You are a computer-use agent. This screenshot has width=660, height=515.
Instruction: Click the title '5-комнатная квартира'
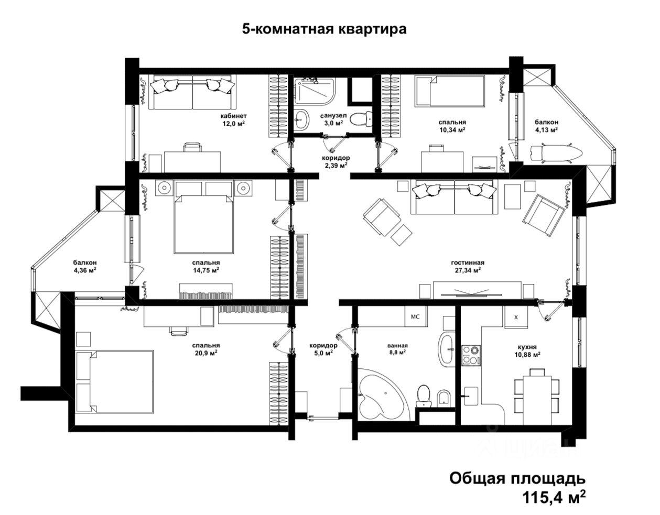click(324, 29)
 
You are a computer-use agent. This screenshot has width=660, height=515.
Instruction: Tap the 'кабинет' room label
click(234, 116)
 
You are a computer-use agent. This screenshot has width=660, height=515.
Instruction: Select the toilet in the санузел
click(361, 118)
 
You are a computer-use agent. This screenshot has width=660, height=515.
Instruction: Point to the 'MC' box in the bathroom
click(416, 316)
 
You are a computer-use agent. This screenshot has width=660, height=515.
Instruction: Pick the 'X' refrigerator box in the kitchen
click(516, 317)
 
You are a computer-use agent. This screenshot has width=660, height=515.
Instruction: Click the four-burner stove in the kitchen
click(471, 355)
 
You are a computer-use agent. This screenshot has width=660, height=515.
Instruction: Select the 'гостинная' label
click(468, 262)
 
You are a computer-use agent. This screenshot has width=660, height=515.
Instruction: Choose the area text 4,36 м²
click(85, 270)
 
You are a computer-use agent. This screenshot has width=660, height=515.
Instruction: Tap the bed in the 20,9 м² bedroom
click(114, 381)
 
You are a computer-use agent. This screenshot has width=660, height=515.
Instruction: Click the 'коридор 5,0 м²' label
click(323, 349)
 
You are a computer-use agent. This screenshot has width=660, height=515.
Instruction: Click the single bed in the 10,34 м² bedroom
click(449, 91)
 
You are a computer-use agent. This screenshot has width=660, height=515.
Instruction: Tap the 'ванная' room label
click(397, 345)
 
